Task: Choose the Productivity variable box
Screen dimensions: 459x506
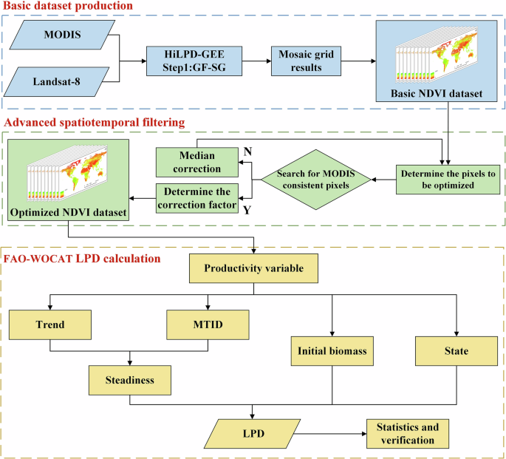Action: pos(253,268)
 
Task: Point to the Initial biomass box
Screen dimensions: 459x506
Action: pos(332,349)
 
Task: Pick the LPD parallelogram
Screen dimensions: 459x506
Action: pos(253,431)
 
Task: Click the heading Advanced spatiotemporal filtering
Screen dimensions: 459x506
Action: pos(95,121)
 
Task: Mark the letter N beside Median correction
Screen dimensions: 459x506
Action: pos(248,152)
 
